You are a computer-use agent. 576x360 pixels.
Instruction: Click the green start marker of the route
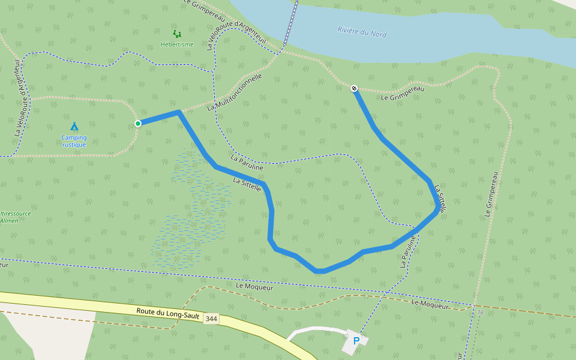(138, 124)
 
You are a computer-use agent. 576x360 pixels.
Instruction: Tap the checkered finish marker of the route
(354, 89)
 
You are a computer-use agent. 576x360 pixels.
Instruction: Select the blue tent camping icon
(74, 127)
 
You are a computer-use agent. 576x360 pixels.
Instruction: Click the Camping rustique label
(74, 141)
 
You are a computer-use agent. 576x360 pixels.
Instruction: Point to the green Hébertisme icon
(176, 34)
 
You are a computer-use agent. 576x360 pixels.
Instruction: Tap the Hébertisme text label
(177, 44)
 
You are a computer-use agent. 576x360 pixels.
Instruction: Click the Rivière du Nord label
(362, 32)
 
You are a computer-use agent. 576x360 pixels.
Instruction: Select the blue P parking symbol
(356, 341)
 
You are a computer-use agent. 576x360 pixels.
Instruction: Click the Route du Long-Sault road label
(167, 312)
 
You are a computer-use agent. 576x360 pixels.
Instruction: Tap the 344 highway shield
(211, 319)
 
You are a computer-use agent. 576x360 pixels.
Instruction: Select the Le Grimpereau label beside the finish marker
(403, 93)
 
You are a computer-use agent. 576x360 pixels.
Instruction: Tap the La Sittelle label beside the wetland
(247, 185)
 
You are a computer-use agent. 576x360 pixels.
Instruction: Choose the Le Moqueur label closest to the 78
(430, 305)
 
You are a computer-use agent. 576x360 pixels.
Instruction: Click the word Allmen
(10, 221)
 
